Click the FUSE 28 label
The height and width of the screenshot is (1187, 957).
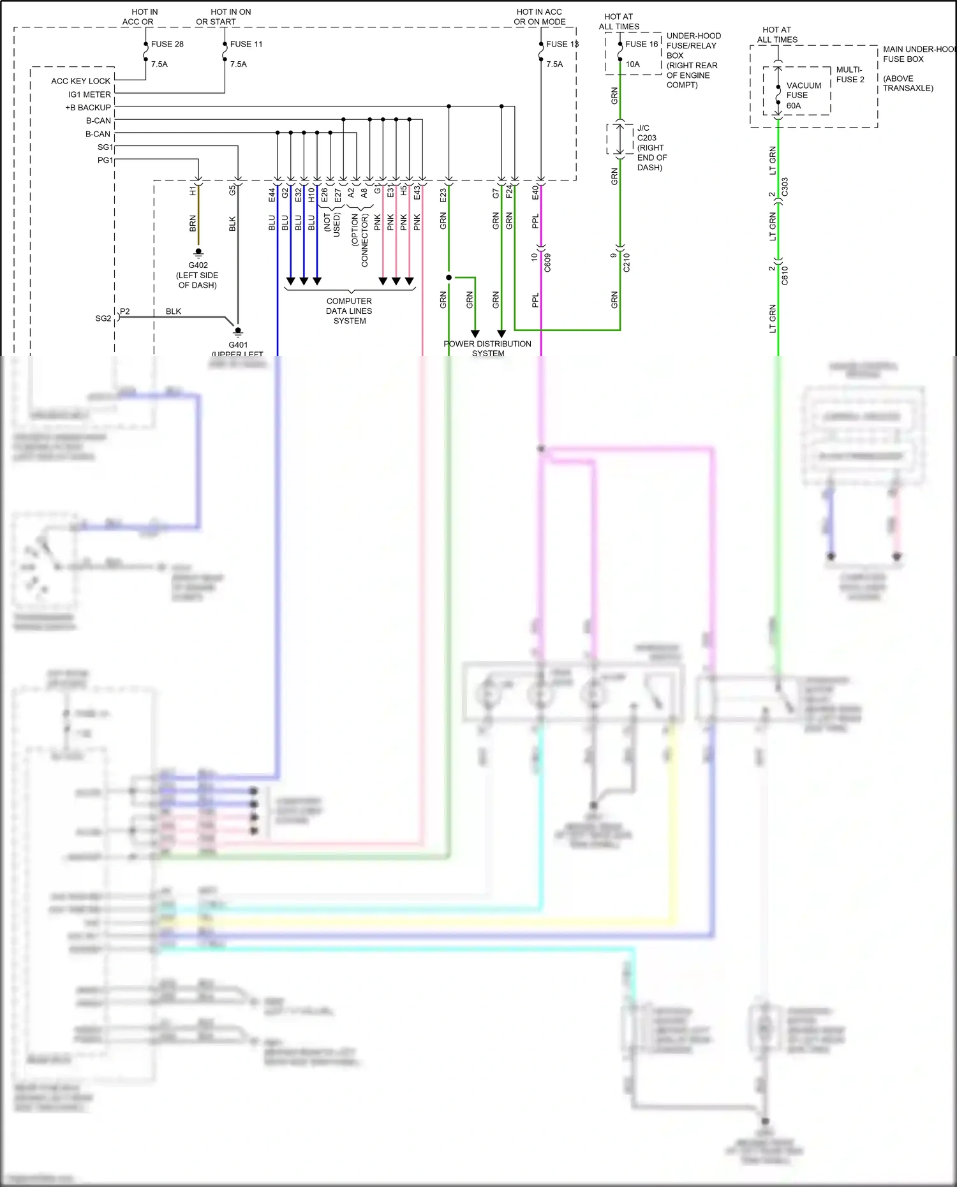[167, 44]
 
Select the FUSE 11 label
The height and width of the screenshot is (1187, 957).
[246, 44]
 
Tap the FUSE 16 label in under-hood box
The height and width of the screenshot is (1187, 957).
[641, 44]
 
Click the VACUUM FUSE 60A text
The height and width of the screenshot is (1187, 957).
[803, 95]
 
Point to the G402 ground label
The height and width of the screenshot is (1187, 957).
[198, 265]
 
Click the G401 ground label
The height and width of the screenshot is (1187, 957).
[238, 344]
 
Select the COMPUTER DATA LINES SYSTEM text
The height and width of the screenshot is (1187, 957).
[349, 311]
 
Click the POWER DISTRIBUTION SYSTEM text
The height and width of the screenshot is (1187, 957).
[487, 348]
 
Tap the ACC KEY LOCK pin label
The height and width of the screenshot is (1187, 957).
[80, 81]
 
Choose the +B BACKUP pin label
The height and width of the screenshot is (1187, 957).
[88, 107]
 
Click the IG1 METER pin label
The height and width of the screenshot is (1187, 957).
[89, 94]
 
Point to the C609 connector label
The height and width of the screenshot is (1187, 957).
[547, 262]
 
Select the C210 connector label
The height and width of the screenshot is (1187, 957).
[627, 262]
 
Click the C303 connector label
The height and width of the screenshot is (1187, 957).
[785, 187]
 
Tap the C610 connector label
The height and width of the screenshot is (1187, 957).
[785, 275]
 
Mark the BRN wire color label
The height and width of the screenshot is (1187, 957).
[193, 223]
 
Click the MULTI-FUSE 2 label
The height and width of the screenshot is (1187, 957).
[850, 75]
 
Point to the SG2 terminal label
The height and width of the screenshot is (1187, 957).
[103, 318]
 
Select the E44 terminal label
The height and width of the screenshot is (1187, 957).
[272, 195]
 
